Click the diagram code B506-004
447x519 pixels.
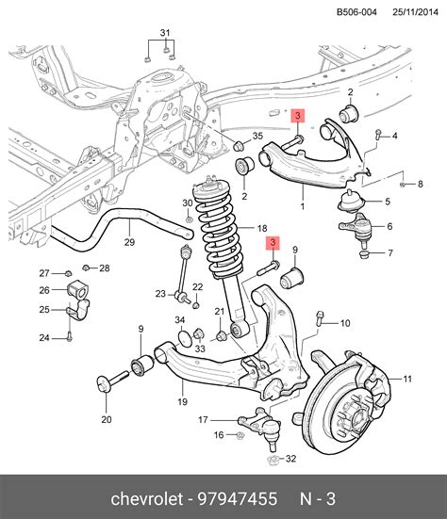(x=356, y=12)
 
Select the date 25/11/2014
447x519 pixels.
(x=416, y=12)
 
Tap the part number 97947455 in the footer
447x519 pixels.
(x=238, y=498)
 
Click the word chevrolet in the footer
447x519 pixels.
(x=147, y=498)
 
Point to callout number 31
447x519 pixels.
(x=165, y=33)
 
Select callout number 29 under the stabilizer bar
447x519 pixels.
(x=129, y=242)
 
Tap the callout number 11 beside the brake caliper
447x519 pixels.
(x=407, y=379)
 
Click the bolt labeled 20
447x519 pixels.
(x=112, y=382)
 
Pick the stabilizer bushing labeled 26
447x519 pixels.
(x=78, y=289)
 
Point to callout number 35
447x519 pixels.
(x=257, y=136)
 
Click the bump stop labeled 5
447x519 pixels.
(x=351, y=202)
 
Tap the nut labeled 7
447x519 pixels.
(x=364, y=255)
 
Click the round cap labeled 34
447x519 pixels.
(x=185, y=338)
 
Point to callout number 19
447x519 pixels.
(x=183, y=401)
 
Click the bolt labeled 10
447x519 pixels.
(x=320, y=318)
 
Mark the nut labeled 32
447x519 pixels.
(x=273, y=461)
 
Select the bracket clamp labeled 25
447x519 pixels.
(x=79, y=311)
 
